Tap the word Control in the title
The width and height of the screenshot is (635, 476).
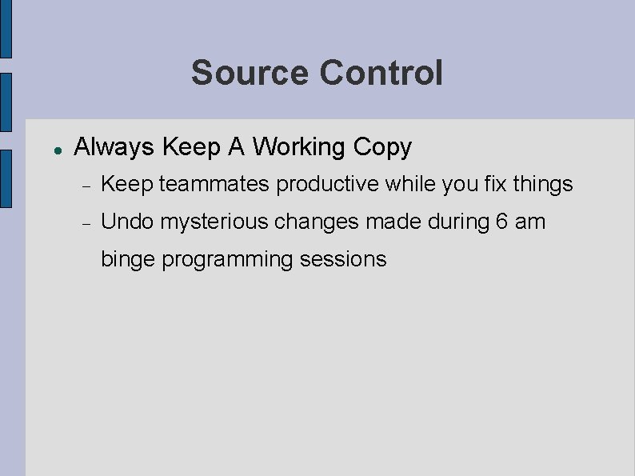coord(381,73)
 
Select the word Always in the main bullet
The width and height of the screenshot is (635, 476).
coord(114,147)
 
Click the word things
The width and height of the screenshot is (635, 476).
coord(544,184)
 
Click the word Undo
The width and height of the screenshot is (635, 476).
coord(128,222)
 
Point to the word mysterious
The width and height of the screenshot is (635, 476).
coord(214,222)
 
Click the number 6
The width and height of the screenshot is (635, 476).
coord(501,222)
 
